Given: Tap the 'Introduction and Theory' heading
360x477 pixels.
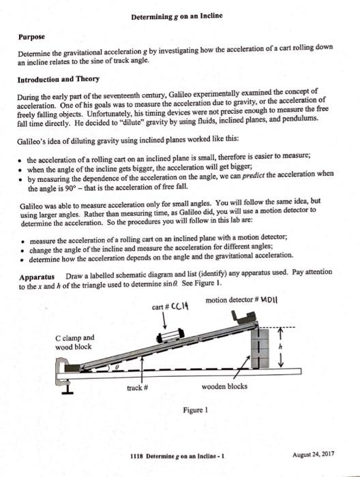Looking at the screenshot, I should click(x=63, y=80).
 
